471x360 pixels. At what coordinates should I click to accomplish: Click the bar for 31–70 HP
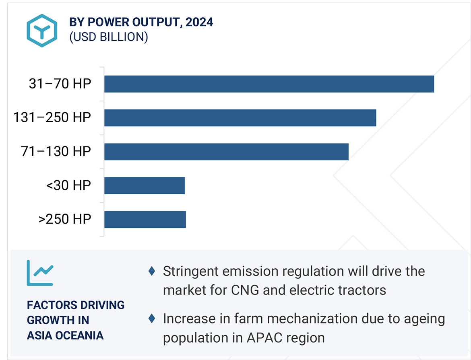click(x=269, y=84)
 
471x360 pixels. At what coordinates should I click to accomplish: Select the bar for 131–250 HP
click(x=240, y=118)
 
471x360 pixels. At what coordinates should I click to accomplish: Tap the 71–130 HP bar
click(x=226, y=152)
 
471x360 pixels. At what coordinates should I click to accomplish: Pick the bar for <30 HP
click(x=145, y=185)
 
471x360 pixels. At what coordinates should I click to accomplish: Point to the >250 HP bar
click(x=145, y=219)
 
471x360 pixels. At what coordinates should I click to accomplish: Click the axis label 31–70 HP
click(x=60, y=84)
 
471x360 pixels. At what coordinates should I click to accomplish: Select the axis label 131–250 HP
click(x=52, y=118)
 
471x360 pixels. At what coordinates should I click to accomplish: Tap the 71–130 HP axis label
click(x=56, y=152)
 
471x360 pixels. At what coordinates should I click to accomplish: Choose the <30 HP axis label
click(x=69, y=185)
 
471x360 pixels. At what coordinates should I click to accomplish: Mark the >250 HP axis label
click(x=65, y=219)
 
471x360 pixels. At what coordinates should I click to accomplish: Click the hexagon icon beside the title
click(x=42, y=30)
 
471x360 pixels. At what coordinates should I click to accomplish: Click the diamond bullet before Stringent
click(x=152, y=271)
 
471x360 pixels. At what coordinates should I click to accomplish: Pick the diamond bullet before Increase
click(x=152, y=319)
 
